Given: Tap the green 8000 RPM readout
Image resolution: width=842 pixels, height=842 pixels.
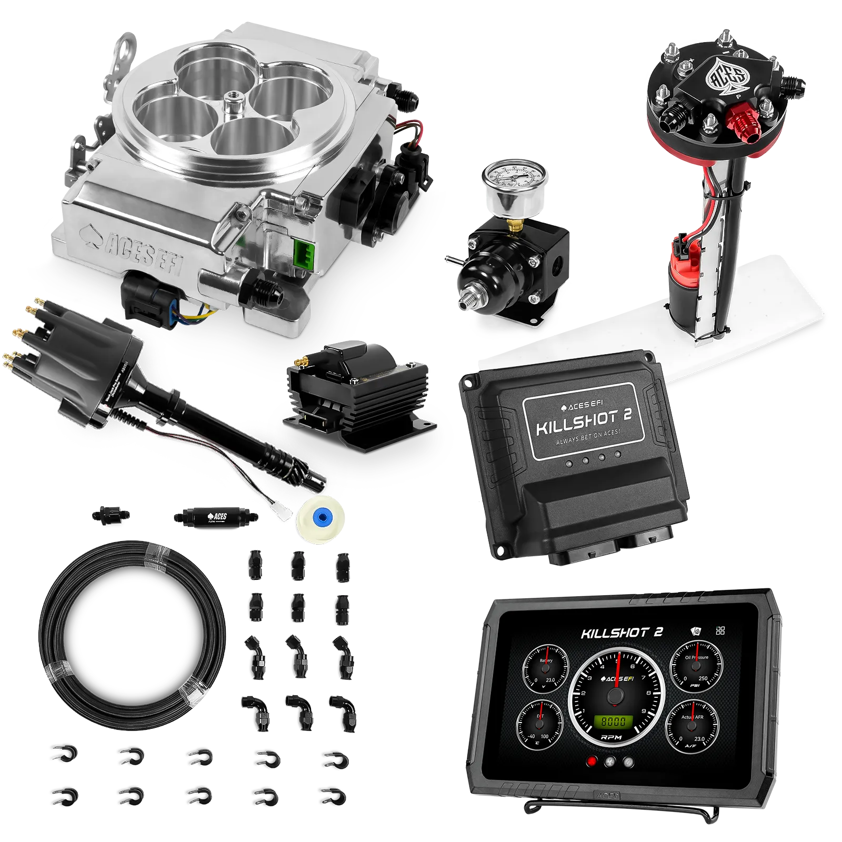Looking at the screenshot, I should (614, 721).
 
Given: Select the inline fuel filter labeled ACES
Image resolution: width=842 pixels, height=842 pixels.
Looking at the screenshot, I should (215, 517).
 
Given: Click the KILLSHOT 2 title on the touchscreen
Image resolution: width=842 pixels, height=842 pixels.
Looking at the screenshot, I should (622, 633).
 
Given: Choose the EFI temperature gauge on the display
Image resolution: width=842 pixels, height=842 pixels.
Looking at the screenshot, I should (542, 724).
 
